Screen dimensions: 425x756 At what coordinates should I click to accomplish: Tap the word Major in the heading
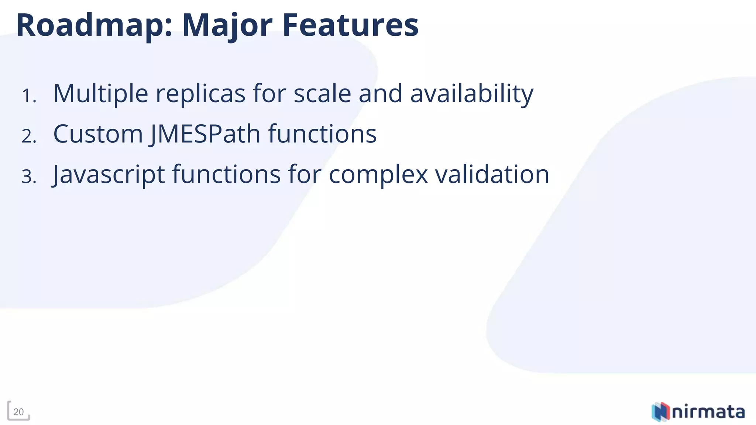click(x=227, y=26)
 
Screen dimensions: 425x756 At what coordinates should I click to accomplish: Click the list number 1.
click(x=28, y=96)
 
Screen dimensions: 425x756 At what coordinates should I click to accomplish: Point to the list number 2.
click(x=29, y=136)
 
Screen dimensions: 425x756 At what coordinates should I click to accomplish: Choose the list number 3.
click(x=29, y=176)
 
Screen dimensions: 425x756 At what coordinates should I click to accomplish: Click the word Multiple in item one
click(x=101, y=94)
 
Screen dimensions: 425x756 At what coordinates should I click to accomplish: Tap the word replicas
click(x=200, y=94)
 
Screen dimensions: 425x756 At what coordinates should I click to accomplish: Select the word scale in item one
click(x=322, y=94)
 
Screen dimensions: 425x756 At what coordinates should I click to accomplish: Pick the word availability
click(x=472, y=94)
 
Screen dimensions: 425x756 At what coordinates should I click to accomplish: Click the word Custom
click(x=98, y=134)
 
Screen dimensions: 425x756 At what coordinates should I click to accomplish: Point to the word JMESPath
click(x=205, y=134)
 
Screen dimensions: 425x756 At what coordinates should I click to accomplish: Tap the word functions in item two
click(x=322, y=134)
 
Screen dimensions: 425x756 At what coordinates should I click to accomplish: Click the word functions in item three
click(x=226, y=174)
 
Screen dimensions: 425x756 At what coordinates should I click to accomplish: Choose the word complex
click(x=378, y=175)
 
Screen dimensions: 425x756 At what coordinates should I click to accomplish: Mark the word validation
click(x=492, y=174)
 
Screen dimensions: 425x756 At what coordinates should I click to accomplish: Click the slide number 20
click(x=18, y=412)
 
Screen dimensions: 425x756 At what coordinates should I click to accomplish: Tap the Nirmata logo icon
click(x=660, y=411)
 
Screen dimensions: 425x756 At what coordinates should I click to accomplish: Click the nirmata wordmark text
click(x=708, y=412)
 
